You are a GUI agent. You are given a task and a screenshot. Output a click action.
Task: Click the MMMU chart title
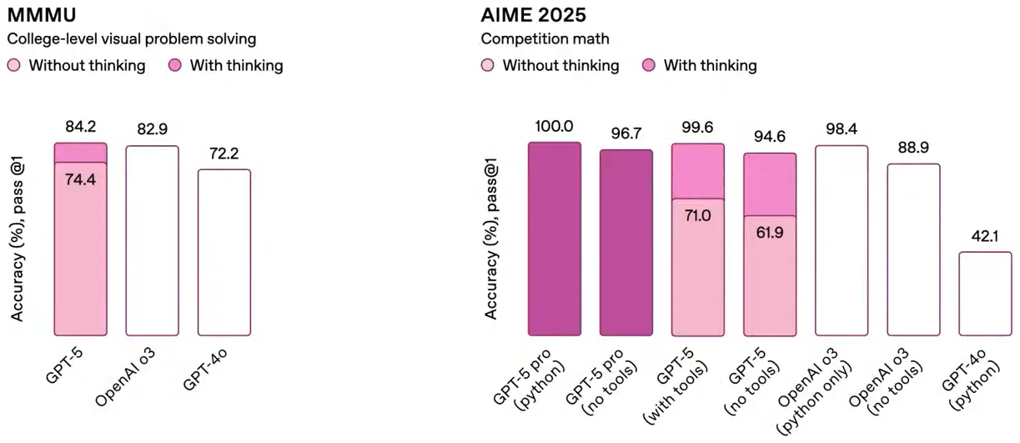click(43, 14)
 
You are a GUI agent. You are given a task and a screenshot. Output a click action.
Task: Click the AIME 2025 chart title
click(534, 14)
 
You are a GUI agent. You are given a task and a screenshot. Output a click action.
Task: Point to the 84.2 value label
click(80, 128)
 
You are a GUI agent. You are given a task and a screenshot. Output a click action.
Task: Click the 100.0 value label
click(555, 126)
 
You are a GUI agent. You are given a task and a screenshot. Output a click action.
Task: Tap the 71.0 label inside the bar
click(698, 215)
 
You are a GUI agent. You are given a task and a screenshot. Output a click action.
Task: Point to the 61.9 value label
click(770, 232)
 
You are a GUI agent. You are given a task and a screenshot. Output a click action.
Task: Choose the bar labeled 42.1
click(985, 293)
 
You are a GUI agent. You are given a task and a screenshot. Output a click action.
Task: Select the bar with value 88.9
click(913, 249)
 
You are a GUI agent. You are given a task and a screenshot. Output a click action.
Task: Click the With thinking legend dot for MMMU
click(175, 65)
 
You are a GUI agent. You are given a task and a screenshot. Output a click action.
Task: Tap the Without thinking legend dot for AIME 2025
click(488, 65)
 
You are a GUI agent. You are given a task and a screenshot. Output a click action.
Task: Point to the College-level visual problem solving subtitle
click(132, 38)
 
